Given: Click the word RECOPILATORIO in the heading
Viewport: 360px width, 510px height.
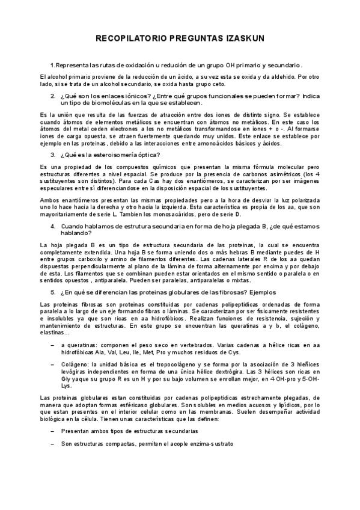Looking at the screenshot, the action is pos(130,38).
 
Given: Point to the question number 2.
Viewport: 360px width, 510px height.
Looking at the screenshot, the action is pos(53,96).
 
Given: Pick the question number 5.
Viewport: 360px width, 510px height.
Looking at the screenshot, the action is pos(53,292).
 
